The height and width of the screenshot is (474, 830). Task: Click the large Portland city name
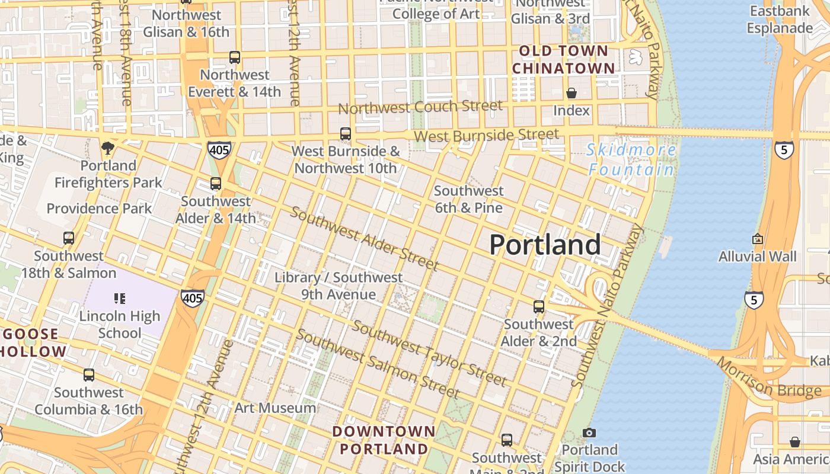545,245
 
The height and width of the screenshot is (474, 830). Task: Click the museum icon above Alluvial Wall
757,239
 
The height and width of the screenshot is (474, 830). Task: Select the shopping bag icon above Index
571,93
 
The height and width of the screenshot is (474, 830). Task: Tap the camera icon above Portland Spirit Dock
589,433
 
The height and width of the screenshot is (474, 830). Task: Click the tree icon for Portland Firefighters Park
107,148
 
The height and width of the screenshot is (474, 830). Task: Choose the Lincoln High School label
120,324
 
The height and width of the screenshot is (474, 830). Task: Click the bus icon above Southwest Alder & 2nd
538,307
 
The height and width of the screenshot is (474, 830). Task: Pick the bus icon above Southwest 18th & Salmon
69,238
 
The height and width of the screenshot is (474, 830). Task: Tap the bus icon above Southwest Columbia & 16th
88,374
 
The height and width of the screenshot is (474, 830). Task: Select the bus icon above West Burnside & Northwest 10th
346,134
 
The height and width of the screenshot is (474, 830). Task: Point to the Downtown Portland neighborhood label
384,440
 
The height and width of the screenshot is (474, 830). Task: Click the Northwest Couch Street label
420,107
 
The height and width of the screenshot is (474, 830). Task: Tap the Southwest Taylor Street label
429,353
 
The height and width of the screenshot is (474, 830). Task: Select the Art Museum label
275,408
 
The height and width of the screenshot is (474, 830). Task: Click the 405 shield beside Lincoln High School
193,298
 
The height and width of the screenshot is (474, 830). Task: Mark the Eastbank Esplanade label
780,20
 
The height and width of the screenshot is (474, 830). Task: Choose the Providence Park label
99,209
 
